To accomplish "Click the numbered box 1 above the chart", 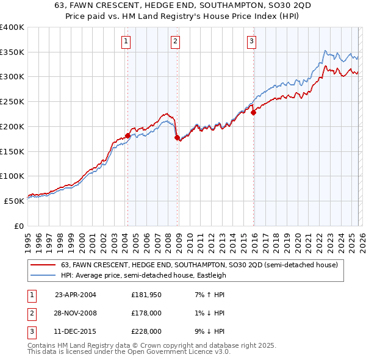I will pos(126,41).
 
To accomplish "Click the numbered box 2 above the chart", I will pos(175,41).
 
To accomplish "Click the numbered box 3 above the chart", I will pos(251,41).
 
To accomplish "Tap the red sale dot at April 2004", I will pos(127,135).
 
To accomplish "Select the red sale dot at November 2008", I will pos(177,138).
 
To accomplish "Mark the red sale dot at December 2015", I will pos(253,112).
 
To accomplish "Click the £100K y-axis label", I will pos(12,176).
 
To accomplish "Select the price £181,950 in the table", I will pos(146,295).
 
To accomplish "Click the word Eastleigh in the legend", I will pos(210,275).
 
